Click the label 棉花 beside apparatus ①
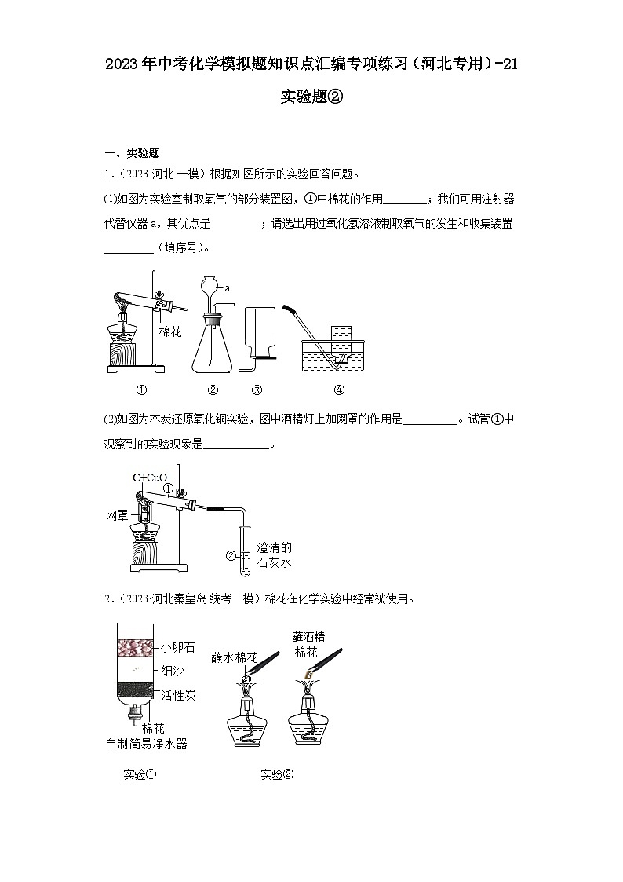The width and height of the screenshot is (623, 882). (x=170, y=331)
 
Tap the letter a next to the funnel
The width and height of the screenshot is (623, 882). (x=228, y=288)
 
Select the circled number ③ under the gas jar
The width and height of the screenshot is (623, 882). (x=256, y=390)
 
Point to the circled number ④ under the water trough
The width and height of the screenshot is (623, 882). (x=339, y=390)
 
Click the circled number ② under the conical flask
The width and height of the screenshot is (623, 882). (x=213, y=390)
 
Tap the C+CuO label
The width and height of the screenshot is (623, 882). (x=149, y=478)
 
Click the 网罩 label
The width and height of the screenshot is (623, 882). (x=117, y=516)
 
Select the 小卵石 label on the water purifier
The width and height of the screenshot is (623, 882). (x=179, y=648)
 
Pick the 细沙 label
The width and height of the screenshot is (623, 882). (x=173, y=671)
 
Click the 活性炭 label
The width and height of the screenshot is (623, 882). (x=179, y=695)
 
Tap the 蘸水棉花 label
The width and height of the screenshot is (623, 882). (x=235, y=657)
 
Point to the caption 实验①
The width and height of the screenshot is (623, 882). (x=140, y=774)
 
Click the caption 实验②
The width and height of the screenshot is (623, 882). (x=277, y=774)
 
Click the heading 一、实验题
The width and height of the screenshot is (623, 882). (x=133, y=153)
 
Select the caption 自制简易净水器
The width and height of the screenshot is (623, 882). (x=146, y=743)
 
